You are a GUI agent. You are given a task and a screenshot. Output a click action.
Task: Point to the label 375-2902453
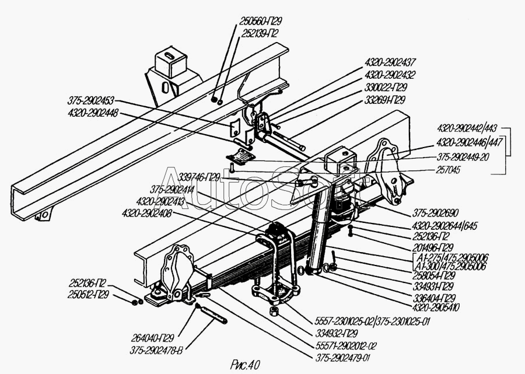92,101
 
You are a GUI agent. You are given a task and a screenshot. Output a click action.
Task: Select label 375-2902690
444,213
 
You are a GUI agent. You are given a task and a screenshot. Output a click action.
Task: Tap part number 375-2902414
174,190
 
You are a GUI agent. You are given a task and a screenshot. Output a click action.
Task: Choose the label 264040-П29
156,338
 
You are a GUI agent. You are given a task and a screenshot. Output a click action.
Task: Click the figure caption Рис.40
242,366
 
